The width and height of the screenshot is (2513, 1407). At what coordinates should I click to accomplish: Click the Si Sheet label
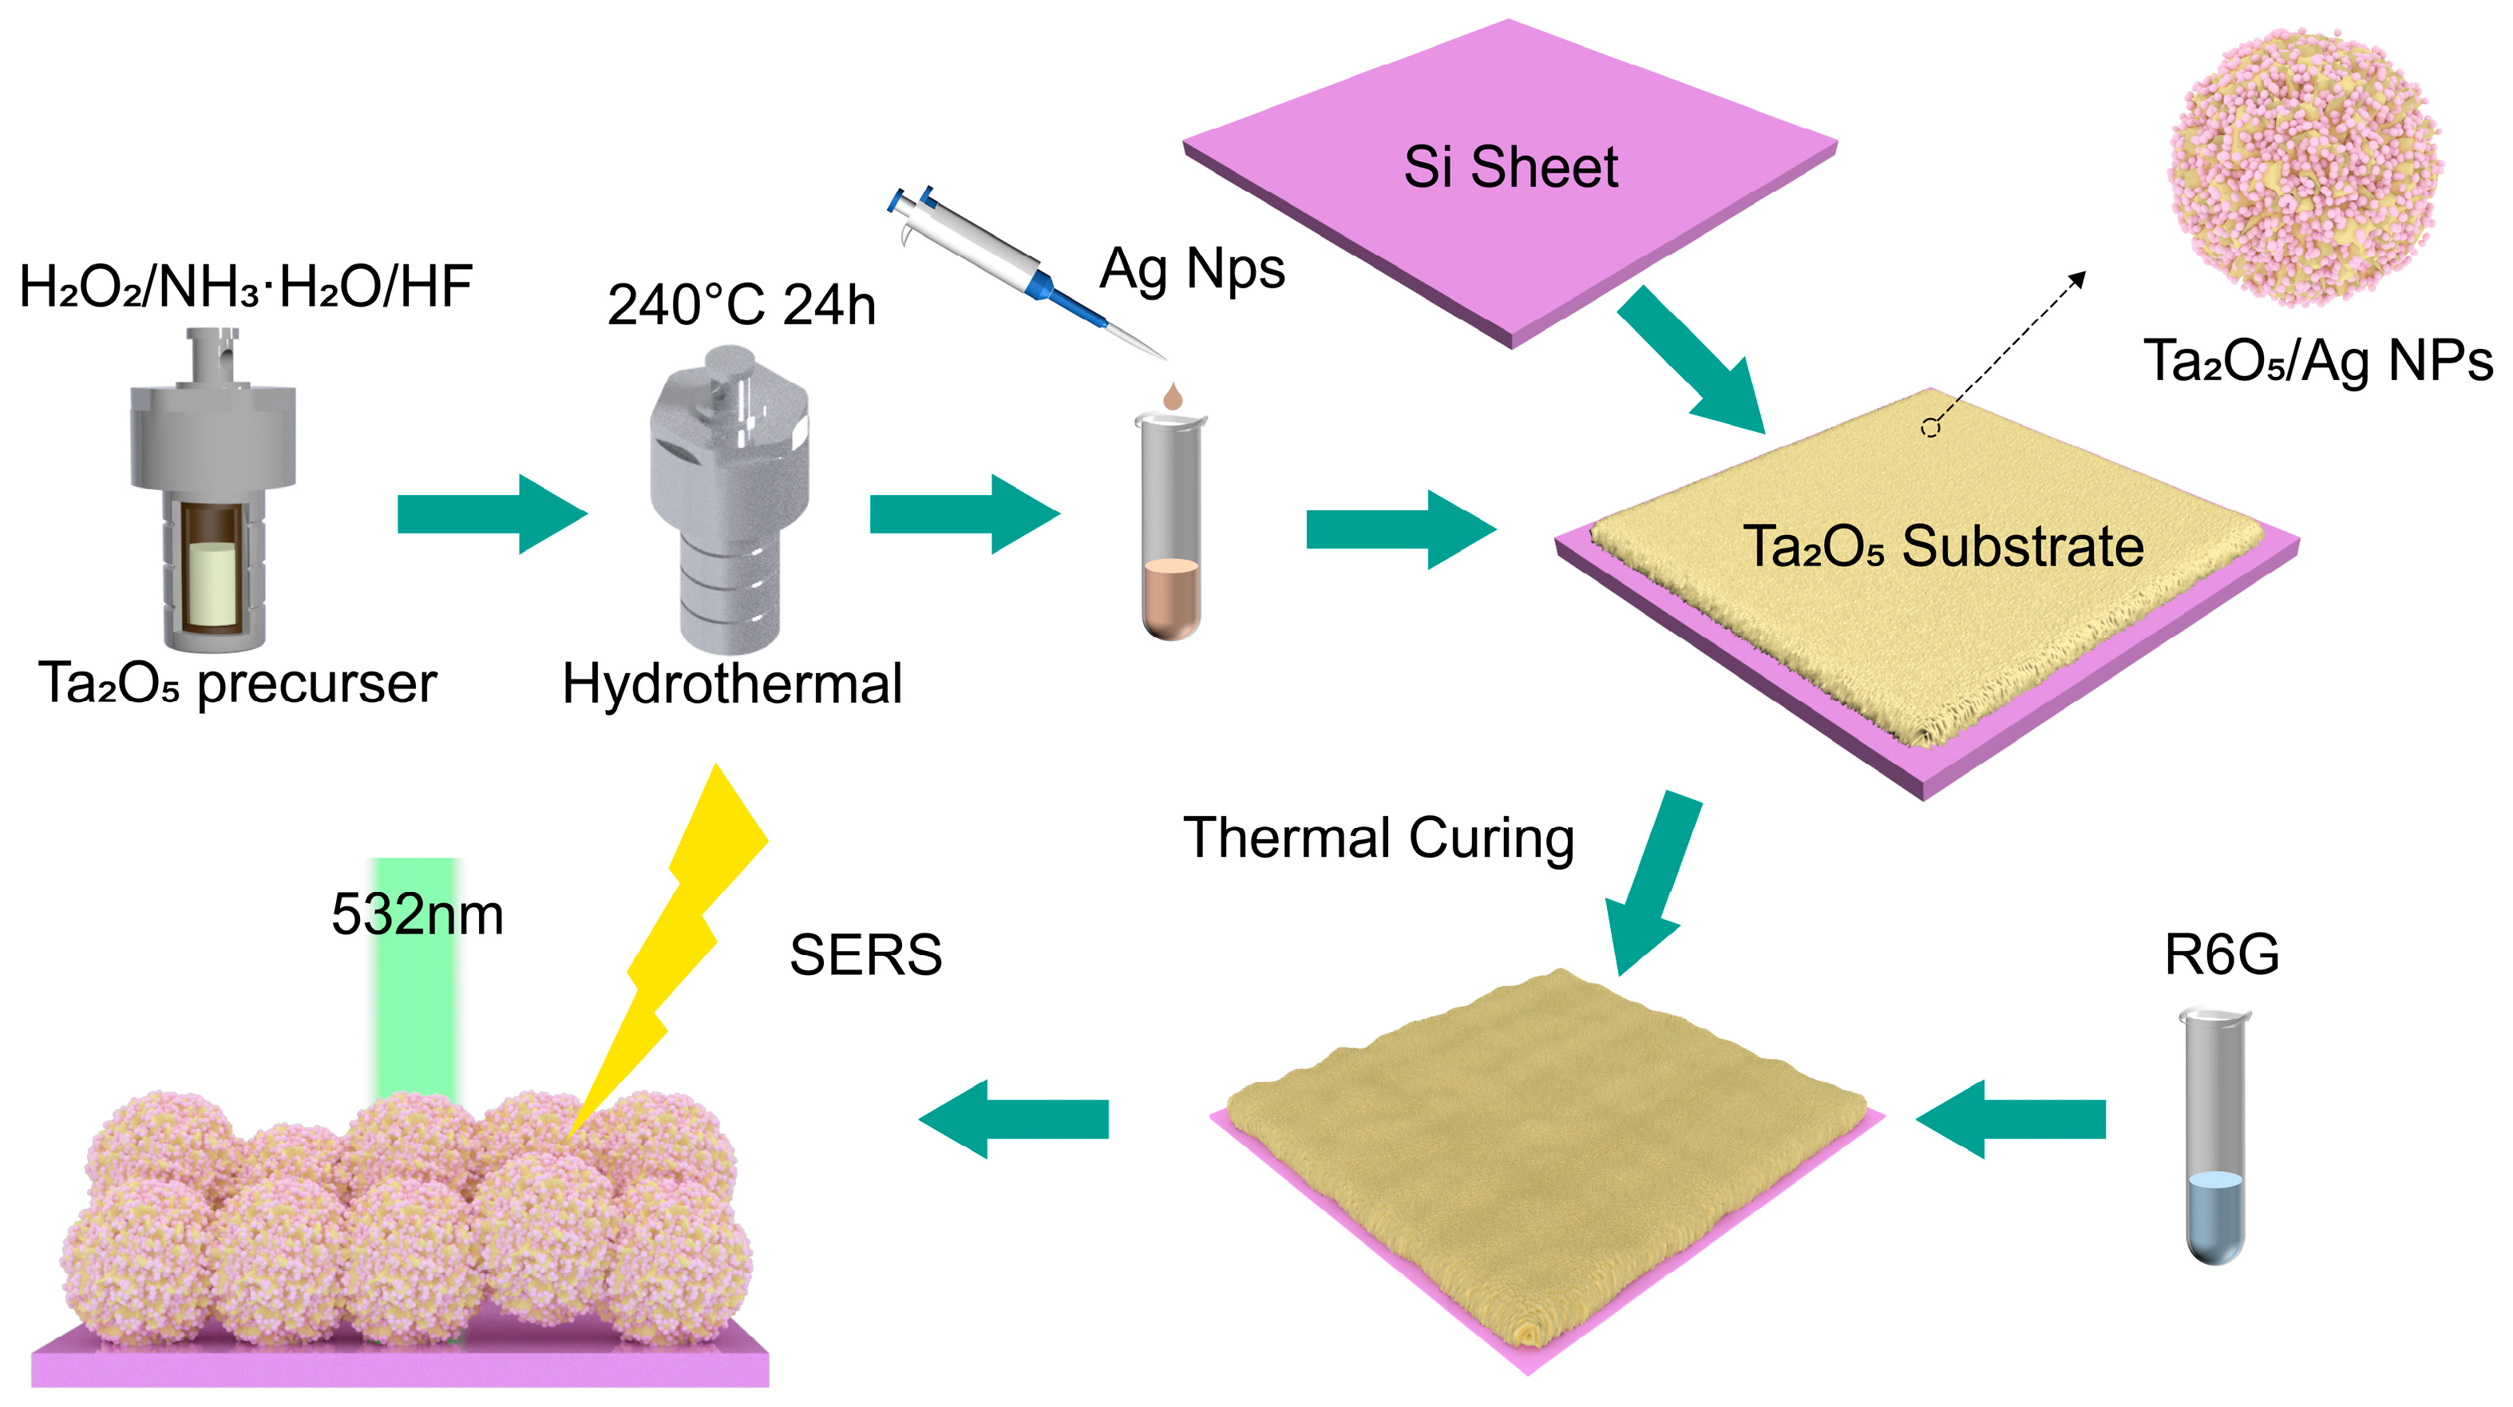click(x=1510, y=167)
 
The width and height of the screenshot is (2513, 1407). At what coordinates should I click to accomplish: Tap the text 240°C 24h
click(x=742, y=305)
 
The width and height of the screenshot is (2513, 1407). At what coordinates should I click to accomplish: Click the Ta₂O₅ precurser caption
click(x=237, y=682)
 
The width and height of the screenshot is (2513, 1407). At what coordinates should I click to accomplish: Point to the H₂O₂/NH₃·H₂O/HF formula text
click(x=246, y=287)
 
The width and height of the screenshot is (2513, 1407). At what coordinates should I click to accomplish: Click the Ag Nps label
click(x=1192, y=268)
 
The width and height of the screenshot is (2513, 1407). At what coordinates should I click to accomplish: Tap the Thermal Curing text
click(x=1379, y=838)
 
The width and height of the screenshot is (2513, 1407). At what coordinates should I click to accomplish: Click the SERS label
click(x=865, y=954)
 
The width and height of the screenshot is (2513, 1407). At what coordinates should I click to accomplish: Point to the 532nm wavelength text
click(x=418, y=914)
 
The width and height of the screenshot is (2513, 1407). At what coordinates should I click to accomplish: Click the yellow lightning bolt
click(x=683, y=937)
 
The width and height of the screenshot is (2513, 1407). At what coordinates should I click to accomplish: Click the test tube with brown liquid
click(x=1170, y=527)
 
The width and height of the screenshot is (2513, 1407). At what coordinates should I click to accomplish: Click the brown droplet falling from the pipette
click(x=1173, y=396)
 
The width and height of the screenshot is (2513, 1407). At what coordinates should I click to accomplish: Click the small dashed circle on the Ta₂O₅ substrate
click(x=1929, y=427)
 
